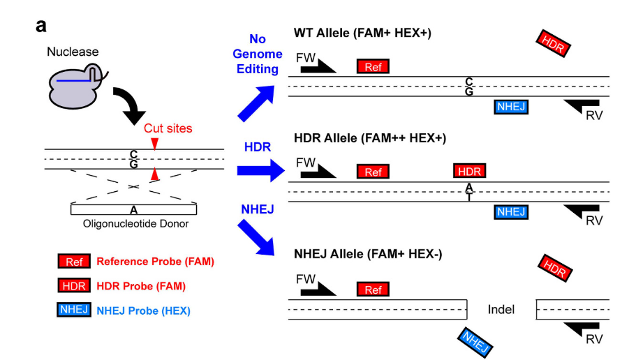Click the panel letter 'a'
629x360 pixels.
(41, 27)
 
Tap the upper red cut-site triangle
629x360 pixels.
(156, 142)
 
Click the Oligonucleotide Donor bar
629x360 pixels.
(133, 209)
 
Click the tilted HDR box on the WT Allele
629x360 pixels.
(554, 44)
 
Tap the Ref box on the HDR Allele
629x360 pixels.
(373, 172)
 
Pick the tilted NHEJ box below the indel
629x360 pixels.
(473, 342)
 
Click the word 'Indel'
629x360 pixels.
(501, 308)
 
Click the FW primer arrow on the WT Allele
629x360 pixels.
(319, 66)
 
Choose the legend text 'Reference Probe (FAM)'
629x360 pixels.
(155, 262)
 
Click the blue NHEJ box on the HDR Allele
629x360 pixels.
(511, 211)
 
